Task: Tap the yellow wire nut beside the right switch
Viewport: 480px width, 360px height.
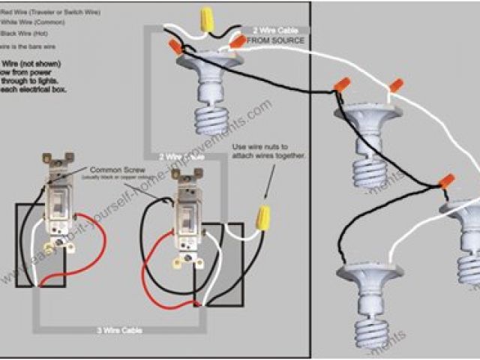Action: click(x=263, y=217)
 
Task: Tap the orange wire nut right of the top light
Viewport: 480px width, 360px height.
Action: click(x=238, y=43)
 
